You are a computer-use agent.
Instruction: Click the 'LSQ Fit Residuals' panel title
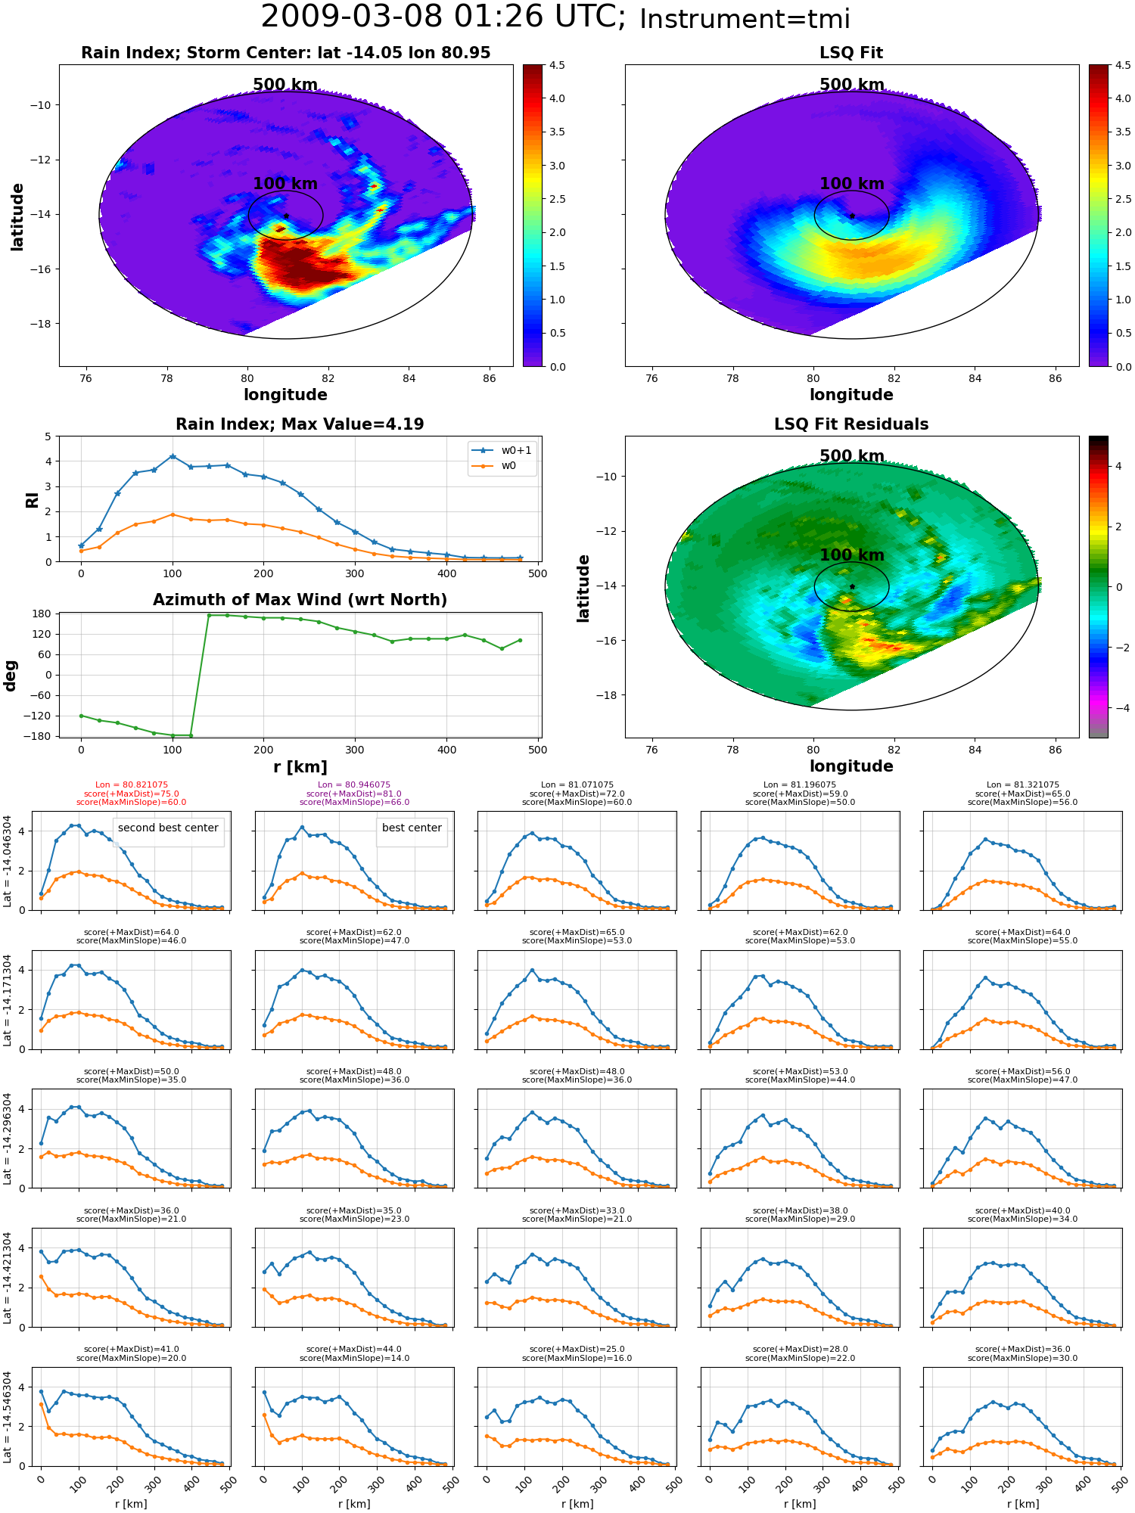(851, 424)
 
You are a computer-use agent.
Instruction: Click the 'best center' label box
(412, 828)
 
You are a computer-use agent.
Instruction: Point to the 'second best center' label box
(168, 828)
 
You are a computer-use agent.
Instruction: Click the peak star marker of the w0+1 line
(173, 456)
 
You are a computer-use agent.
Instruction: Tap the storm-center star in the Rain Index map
(286, 216)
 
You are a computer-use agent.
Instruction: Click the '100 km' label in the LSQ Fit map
(852, 184)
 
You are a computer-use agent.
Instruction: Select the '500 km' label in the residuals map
(852, 456)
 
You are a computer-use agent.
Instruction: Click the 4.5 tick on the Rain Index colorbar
(557, 66)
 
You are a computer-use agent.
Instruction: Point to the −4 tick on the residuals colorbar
(1118, 708)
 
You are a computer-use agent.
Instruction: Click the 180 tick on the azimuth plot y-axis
(42, 614)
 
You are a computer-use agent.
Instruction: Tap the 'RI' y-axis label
(32, 500)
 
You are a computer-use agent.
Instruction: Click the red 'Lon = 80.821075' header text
(132, 785)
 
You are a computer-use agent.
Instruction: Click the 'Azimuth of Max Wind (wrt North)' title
(300, 600)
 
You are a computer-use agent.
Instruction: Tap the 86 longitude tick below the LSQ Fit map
(1056, 378)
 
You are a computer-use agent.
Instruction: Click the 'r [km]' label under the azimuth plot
(300, 767)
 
